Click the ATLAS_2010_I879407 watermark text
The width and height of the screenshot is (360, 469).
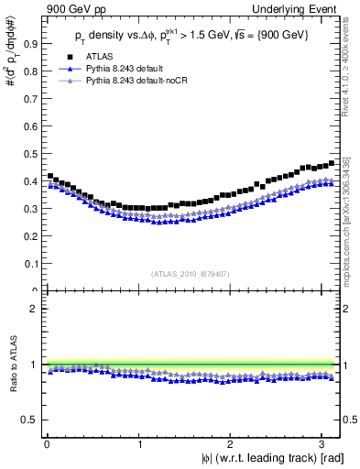191,272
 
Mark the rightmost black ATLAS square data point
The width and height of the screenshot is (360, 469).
331,163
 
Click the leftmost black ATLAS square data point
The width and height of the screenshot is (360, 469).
49,176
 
